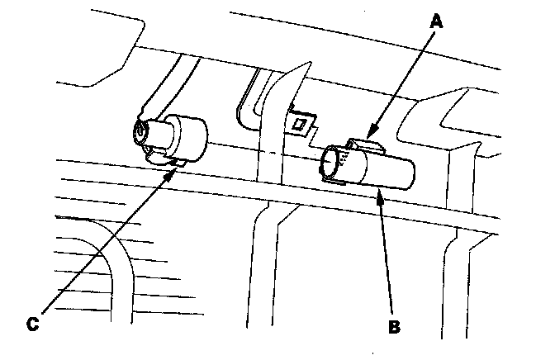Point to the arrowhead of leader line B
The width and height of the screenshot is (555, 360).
click(x=378, y=191)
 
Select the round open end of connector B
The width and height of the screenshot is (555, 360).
click(x=332, y=162)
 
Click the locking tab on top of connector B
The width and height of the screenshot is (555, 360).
click(x=363, y=146)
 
